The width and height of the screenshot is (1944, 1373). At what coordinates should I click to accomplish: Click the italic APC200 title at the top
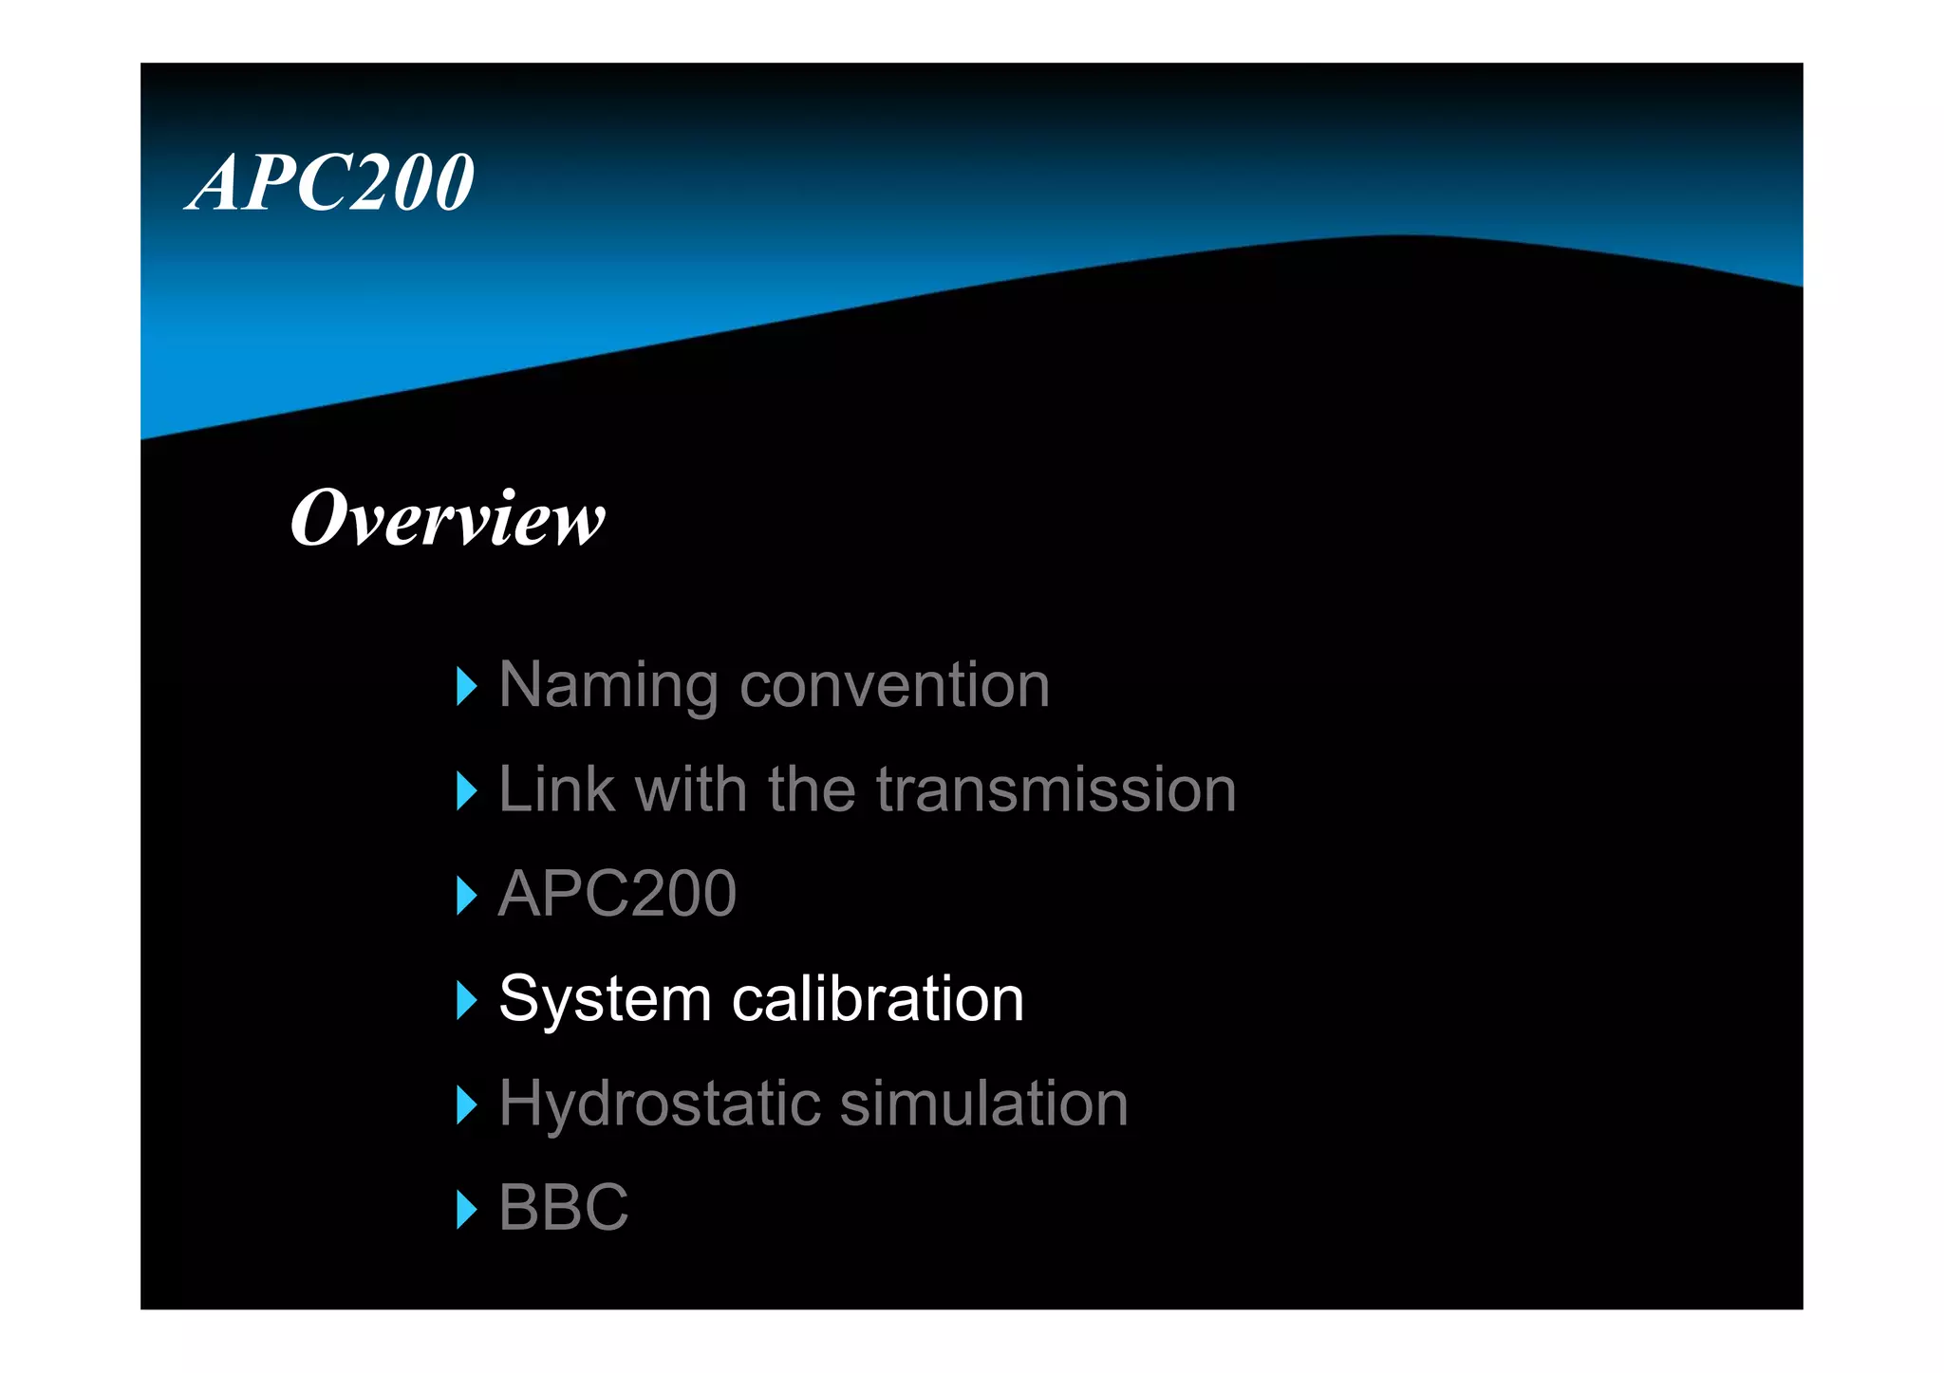point(330,182)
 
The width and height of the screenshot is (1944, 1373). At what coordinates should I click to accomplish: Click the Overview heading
point(447,519)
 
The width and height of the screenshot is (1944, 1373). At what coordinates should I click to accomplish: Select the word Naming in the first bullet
point(608,685)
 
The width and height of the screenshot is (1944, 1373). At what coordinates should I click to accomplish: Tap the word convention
point(894,685)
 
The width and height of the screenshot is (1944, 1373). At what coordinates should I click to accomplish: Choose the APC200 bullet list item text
point(617,894)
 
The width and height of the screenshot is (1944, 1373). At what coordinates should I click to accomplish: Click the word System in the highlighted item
point(605,999)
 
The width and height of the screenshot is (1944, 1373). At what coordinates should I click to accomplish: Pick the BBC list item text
point(564,1208)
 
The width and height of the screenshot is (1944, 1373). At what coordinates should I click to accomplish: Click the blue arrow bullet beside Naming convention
point(466,686)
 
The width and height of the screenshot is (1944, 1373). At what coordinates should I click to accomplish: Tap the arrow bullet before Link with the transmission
point(466,790)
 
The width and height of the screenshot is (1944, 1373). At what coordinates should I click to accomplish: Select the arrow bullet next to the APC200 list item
point(466,895)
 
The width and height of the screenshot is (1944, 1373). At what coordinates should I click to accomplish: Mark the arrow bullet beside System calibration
point(466,1000)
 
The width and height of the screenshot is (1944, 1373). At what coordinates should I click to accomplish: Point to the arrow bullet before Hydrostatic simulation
point(466,1104)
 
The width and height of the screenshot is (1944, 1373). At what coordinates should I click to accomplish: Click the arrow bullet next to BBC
point(466,1209)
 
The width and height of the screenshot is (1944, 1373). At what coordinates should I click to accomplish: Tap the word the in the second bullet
point(812,789)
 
